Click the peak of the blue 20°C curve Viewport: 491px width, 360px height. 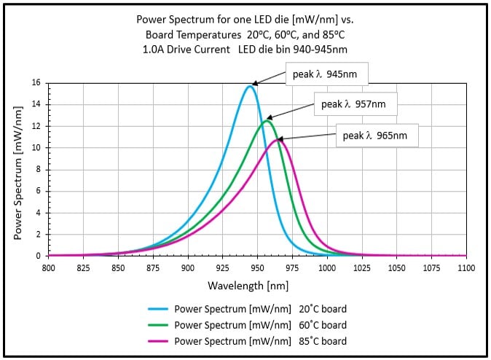(250, 87)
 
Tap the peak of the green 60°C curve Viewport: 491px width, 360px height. (267, 120)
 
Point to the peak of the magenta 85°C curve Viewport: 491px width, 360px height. (278, 140)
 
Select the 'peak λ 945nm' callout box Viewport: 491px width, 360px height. (326, 74)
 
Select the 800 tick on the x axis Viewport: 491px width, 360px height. (49, 267)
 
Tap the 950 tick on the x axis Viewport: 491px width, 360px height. (258, 267)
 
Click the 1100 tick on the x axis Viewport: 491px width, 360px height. (466, 267)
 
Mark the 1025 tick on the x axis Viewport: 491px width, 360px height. (362, 267)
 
